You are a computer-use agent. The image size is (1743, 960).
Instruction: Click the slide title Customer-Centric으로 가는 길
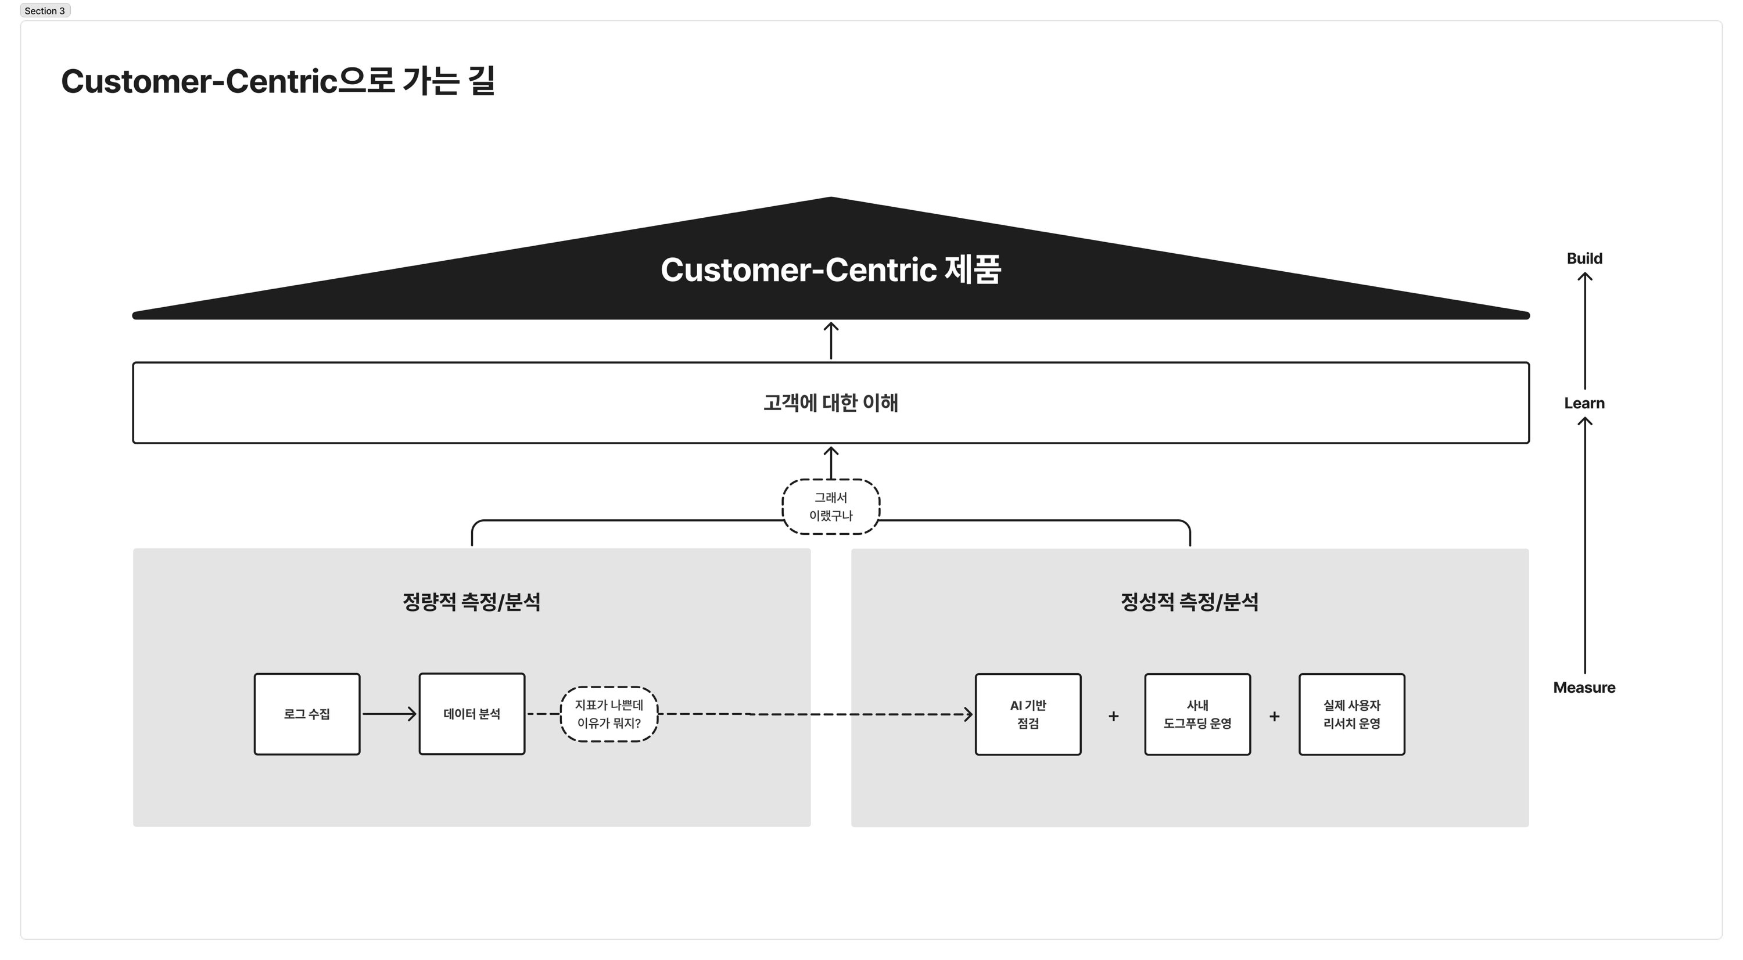pos(278,81)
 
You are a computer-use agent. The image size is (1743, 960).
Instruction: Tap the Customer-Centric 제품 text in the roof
pos(830,270)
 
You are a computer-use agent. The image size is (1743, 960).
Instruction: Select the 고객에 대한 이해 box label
pos(830,403)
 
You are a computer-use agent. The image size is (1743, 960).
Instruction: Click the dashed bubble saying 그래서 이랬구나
pos(830,507)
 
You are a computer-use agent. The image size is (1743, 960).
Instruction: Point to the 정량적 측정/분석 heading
pos(472,602)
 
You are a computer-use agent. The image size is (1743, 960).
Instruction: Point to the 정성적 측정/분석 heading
pos(1189,602)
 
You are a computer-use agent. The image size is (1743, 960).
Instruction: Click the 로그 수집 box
pos(307,714)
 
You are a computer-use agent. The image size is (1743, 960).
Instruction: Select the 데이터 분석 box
pos(472,714)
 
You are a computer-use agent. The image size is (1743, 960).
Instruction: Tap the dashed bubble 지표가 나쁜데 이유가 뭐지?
pos(609,714)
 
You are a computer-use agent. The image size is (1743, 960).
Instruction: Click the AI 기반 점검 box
pos(1028,714)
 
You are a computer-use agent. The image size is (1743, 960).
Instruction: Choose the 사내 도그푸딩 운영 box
pos(1197,714)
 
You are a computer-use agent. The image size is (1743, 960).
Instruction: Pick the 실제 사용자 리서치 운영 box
pos(1351,714)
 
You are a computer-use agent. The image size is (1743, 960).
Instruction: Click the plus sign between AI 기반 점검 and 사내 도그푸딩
pos(1113,715)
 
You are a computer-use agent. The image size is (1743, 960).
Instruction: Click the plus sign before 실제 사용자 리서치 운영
pos(1274,715)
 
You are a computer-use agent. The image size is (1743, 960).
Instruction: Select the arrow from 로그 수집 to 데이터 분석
pos(389,714)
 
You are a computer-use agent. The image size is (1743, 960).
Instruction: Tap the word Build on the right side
pos(1584,258)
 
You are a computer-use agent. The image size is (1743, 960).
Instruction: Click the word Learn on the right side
pos(1584,403)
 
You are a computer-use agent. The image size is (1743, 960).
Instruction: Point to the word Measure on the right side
pos(1584,688)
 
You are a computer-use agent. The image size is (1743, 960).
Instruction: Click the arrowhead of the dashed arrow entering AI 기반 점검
pos(969,714)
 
